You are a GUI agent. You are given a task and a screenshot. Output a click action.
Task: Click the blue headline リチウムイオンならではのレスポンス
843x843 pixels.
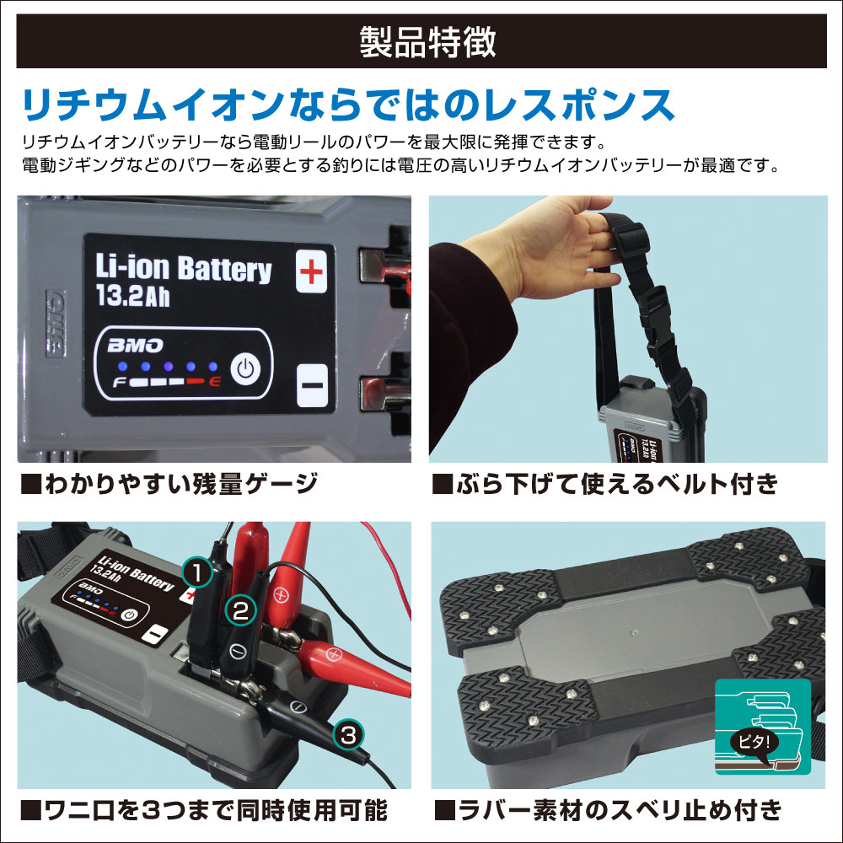coord(347,105)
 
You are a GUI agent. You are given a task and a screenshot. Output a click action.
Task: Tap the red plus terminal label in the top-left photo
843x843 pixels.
coord(312,271)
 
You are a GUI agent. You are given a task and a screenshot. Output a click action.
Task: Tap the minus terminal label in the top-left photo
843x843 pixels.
coord(311,385)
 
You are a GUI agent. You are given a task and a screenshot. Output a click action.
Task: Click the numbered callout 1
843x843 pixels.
coord(197,572)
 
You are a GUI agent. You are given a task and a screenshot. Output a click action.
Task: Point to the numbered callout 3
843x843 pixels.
coord(348,735)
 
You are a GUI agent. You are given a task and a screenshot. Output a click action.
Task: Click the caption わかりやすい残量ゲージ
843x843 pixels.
coord(169,485)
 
